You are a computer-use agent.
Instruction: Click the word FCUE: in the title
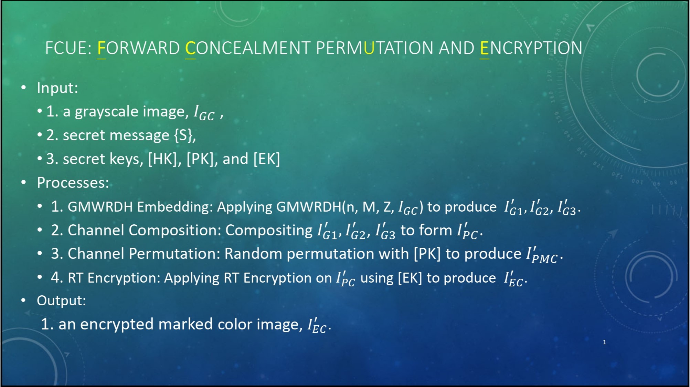pos(68,48)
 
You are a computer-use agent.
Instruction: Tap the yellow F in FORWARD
pos(101,48)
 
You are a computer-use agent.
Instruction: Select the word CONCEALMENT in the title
pos(248,48)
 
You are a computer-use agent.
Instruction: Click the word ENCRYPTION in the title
pos(531,48)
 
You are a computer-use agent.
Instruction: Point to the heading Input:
pos(57,88)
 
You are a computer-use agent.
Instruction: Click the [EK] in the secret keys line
pos(267,159)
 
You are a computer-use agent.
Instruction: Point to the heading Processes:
pos(73,183)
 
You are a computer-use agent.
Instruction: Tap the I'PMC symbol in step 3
pos(542,255)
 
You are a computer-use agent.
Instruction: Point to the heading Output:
pos(61,301)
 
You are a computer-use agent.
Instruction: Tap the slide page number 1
pos(604,342)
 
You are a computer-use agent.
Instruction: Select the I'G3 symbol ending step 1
pos(567,208)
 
